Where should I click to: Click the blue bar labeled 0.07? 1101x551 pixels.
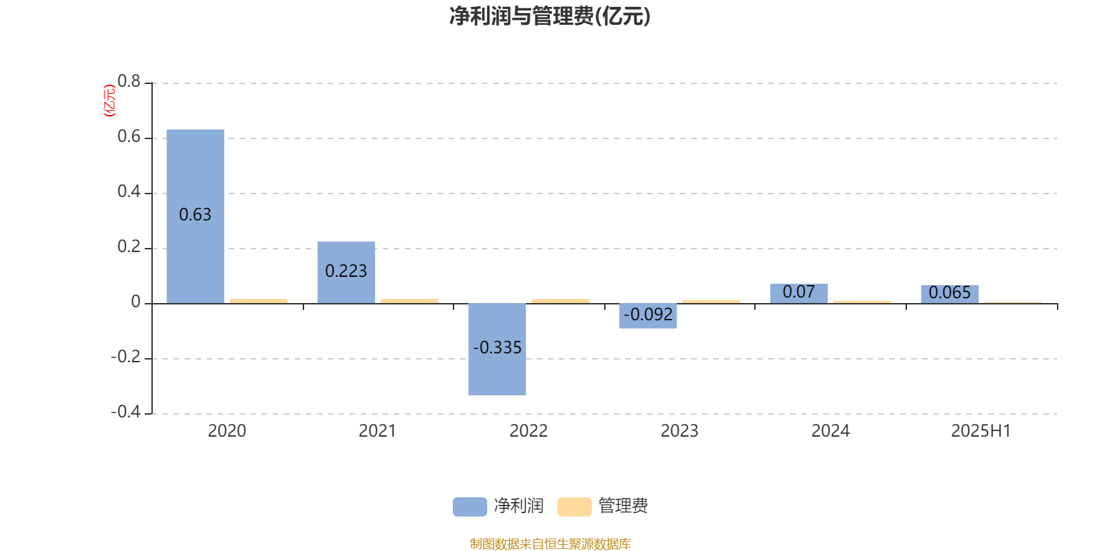[798, 293]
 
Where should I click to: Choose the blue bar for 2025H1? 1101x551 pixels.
[950, 294]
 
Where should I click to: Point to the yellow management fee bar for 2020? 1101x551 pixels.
[259, 301]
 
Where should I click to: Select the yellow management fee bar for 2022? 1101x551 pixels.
[560, 301]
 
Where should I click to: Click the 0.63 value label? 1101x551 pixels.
[195, 215]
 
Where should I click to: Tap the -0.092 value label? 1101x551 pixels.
[648, 314]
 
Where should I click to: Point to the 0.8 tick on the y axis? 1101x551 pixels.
[129, 82]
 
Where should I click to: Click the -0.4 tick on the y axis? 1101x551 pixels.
[125, 412]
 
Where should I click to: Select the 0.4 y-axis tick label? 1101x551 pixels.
[129, 192]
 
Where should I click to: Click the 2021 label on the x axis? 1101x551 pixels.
[377, 431]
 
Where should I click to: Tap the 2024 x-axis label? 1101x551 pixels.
[831, 431]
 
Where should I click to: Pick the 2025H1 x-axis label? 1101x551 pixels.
[981, 431]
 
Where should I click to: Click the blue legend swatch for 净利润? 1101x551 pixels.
[469, 507]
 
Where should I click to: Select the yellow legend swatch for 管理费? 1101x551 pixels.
[574, 507]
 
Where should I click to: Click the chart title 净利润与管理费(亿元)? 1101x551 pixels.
[550, 17]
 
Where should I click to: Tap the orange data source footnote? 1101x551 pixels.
[550, 544]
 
